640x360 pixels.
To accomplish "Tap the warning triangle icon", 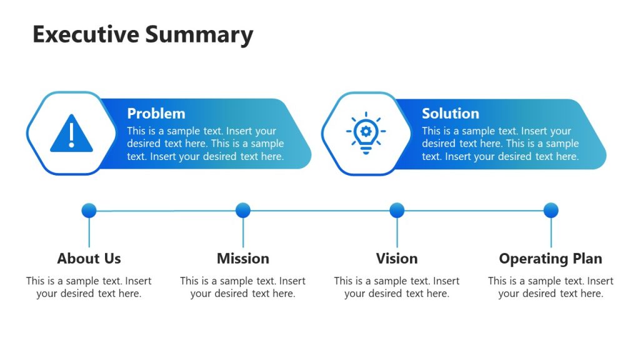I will tap(71, 134).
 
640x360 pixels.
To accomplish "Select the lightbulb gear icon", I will tap(366, 132).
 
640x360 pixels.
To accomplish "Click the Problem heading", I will tap(156, 114).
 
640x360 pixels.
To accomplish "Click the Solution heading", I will tap(450, 114).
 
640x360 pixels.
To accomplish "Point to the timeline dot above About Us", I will tap(89, 210).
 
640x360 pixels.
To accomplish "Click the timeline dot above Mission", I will tap(243, 210).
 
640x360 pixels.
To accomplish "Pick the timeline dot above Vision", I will tap(397, 210).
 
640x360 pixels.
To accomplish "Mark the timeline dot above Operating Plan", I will tap(551, 210).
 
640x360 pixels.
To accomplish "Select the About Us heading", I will tap(89, 259).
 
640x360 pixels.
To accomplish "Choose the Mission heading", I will tap(243, 259).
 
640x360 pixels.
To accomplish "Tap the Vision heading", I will tap(397, 259).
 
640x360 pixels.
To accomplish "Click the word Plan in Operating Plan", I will tap(587, 259).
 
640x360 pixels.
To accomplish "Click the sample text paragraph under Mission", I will tap(243, 287).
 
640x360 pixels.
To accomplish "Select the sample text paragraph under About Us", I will tap(89, 287).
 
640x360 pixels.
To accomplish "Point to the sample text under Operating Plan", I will tap(551, 287).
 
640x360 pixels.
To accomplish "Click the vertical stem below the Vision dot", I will tap(397, 232).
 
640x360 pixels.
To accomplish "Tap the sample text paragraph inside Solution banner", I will tap(500, 144).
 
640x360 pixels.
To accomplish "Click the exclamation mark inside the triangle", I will tap(71, 133).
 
